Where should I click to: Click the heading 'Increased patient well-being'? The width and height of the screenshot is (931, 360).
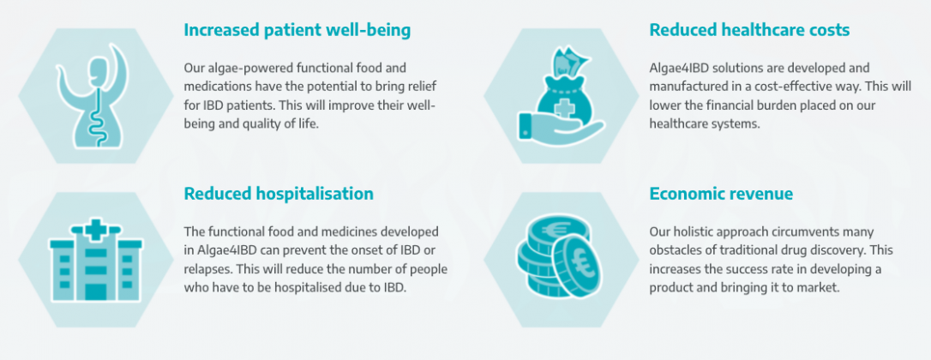point(297,30)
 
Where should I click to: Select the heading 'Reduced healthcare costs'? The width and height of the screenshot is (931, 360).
point(749,30)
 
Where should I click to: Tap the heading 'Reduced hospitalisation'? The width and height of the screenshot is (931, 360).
point(279,194)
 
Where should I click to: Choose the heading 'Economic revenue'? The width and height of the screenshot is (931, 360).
point(721,194)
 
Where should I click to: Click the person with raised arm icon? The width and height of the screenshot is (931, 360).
point(95,96)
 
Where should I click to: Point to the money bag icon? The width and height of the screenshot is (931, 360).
point(561,95)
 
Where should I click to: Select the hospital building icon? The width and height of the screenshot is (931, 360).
point(96,261)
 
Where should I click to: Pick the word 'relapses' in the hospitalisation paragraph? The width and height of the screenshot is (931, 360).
point(207,269)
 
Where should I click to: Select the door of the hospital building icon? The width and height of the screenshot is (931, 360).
point(96,291)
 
